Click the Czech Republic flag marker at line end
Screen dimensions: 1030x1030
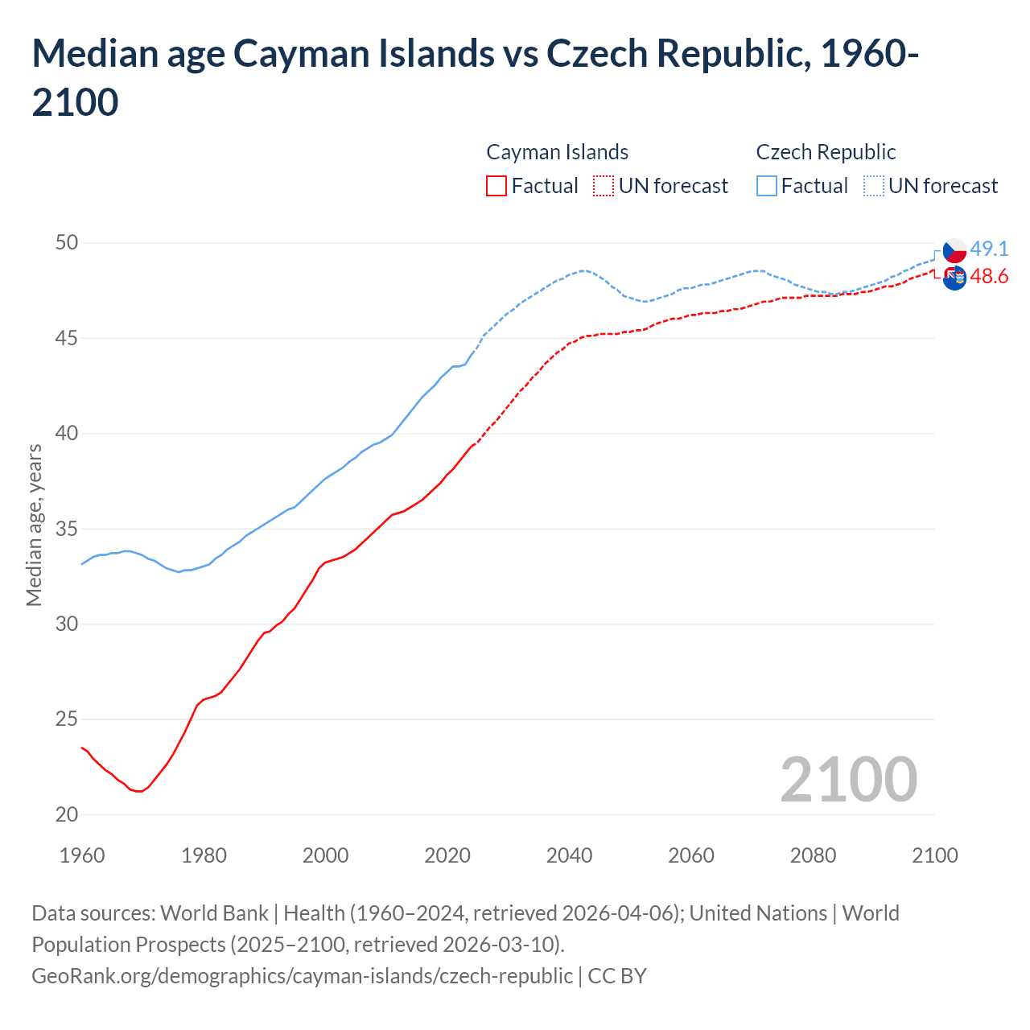pos(954,250)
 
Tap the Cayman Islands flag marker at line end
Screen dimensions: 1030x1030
pos(954,278)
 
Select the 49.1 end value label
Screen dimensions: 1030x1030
pos(989,249)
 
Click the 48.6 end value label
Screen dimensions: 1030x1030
pos(989,277)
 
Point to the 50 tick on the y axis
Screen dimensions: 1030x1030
pos(67,243)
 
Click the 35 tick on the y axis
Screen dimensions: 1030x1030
pos(67,529)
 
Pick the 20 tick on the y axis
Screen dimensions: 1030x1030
pos(67,814)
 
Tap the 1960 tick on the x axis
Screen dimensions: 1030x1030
pos(82,855)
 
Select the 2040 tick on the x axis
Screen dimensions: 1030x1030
pos(569,855)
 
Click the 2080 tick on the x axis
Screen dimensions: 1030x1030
pos(813,855)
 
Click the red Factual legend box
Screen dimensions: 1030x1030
pos(496,186)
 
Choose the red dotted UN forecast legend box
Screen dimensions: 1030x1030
pos(604,186)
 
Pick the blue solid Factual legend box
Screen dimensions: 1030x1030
pos(767,186)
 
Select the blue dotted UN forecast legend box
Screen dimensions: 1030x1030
pos(874,186)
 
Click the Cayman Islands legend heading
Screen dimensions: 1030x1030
pos(557,152)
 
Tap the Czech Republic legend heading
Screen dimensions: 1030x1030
pos(826,152)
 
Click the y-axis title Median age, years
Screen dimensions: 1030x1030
pos(34,524)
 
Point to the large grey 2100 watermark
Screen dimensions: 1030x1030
pos(848,779)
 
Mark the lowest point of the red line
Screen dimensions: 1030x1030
pos(140,791)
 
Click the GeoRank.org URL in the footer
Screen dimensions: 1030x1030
pos(302,975)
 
